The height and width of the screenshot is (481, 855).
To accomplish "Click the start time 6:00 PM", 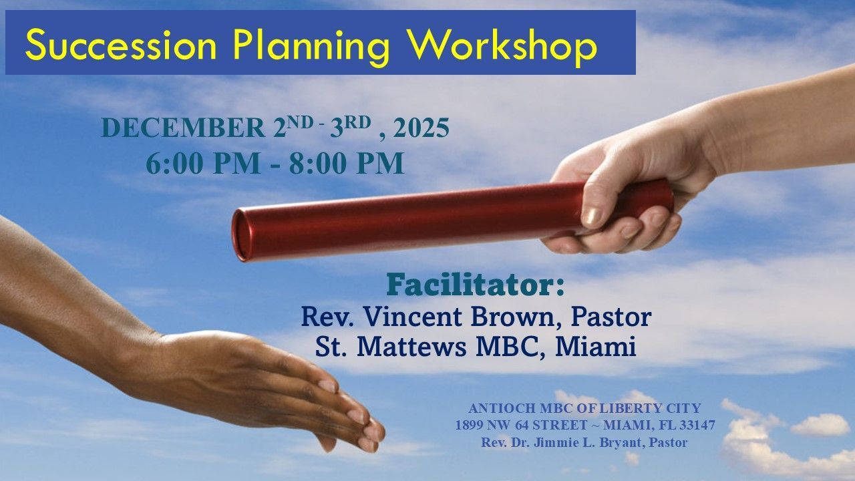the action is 202,164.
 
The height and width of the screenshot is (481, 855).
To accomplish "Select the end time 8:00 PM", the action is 347,164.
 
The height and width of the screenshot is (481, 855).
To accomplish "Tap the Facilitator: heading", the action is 475,285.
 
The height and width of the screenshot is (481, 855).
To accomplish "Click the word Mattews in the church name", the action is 411,347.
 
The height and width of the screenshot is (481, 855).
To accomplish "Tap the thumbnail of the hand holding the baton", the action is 592,216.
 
